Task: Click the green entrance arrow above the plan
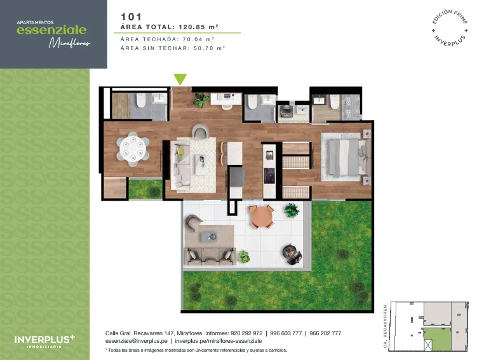pyautogui.click(x=180, y=79)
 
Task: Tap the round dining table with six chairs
pyautogui.click(x=133, y=149)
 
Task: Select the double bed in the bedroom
pyautogui.click(x=346, y=157)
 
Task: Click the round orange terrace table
pyautogui.click(x=261, y=217)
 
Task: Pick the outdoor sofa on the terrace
pyautogui.click(x=210, y=256)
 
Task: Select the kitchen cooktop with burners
pyautogui.click(x=269, y=176)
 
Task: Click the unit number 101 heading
pyautogui.click(x=131, y=17)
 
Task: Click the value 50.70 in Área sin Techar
pyautogui.click(x=203, y=48)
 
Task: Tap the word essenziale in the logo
pyautogui.click(x=51, y=30)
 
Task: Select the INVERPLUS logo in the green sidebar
pyautogui.click(x=44, y=341)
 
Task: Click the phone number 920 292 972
pyautogui.click(x=246, y=333)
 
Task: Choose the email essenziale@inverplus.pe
pyautogui.click(x=137, y=341)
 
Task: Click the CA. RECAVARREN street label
pyautogui.click(x=385, y=326)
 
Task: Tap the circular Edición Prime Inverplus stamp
pyautogui.click(x=450, y=29)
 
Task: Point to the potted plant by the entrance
pyautogui.click(x=201, y=100)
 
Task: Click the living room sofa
pyautogui.click(x=181, y=166)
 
